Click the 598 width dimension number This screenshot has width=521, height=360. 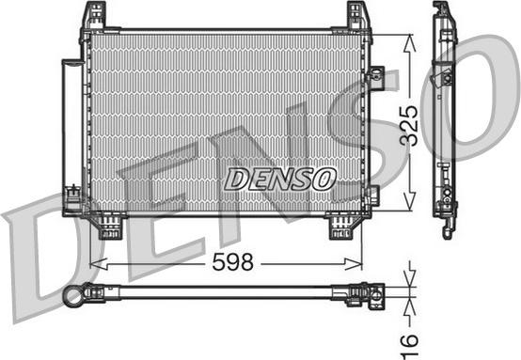click(x=232, y=261)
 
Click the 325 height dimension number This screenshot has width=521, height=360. click(x=409, y=126)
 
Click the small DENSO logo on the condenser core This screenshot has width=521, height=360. click(x=280, y=179)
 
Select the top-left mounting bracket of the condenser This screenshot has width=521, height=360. click(x=94, y=16)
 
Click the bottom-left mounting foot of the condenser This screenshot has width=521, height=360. click(x=109, y=227)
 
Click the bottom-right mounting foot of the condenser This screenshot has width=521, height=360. click(x=342, y=227)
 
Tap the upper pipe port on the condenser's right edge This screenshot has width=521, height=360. click(x=375, y=76)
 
